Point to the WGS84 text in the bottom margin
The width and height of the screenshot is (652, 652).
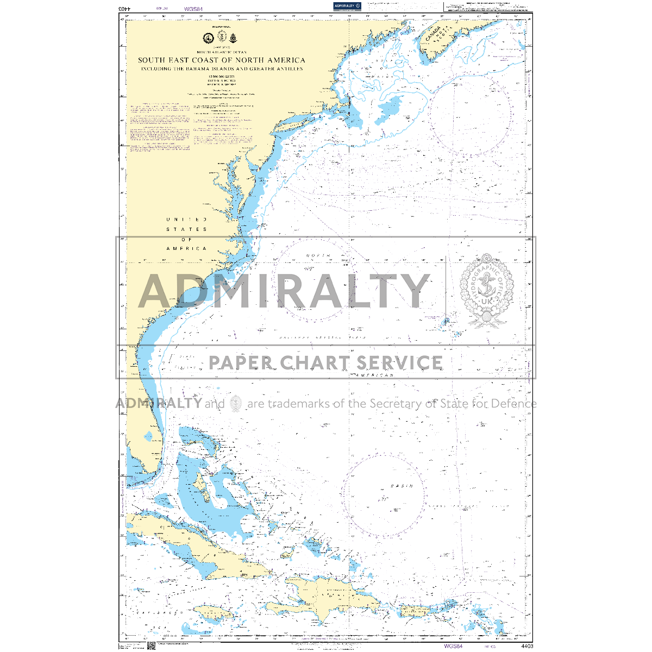tap(453, 646)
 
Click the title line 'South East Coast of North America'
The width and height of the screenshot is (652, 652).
tap(221, 60)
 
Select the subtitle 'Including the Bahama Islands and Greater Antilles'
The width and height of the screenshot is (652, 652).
tap(221, 69)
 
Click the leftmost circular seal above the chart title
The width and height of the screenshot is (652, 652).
tap(207, 37)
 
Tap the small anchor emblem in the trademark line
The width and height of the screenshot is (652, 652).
tap(236, 403)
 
